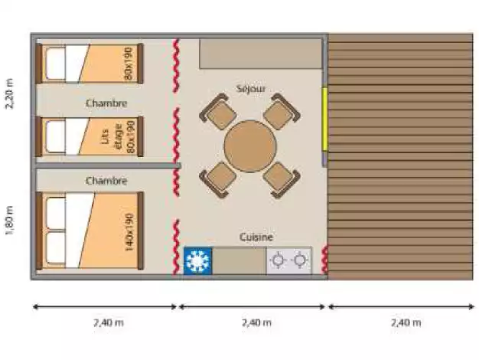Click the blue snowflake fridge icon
pos(197,261)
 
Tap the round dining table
pos(250,146)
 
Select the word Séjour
pos(251,89)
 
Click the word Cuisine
pos(256,237)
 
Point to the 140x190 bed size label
pos(129,232)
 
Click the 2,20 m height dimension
pos(9,93)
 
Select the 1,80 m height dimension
pos(9,221)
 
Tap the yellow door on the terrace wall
pos(324,119)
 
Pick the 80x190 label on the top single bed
pos(129,64)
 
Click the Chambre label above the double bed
pos(106,181)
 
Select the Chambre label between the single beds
pos(106,103)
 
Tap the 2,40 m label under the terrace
pos(406,322)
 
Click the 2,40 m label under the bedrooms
pos(109,322)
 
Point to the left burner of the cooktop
pos(278,260)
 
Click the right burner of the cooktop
pos(299,260)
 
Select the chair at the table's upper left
pos(217,112)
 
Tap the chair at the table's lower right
pos(282,180)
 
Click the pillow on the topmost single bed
pos(56,64)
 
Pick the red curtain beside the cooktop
pos(324,260)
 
